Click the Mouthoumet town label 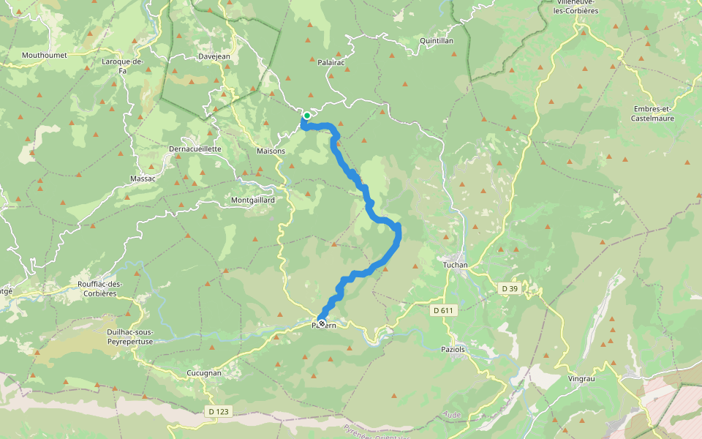(45, 55)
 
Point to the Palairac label (331, 63)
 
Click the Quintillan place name (437, 41)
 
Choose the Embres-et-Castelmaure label (654, 113)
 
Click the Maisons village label (271, 151)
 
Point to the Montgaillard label (252, 200)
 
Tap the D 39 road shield (510, 289)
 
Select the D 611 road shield (444, 311)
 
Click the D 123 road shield (219, 412)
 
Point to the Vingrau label (583, 379)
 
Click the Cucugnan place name (204, 373)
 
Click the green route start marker (307, 116)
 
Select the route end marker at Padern (321, 323)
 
